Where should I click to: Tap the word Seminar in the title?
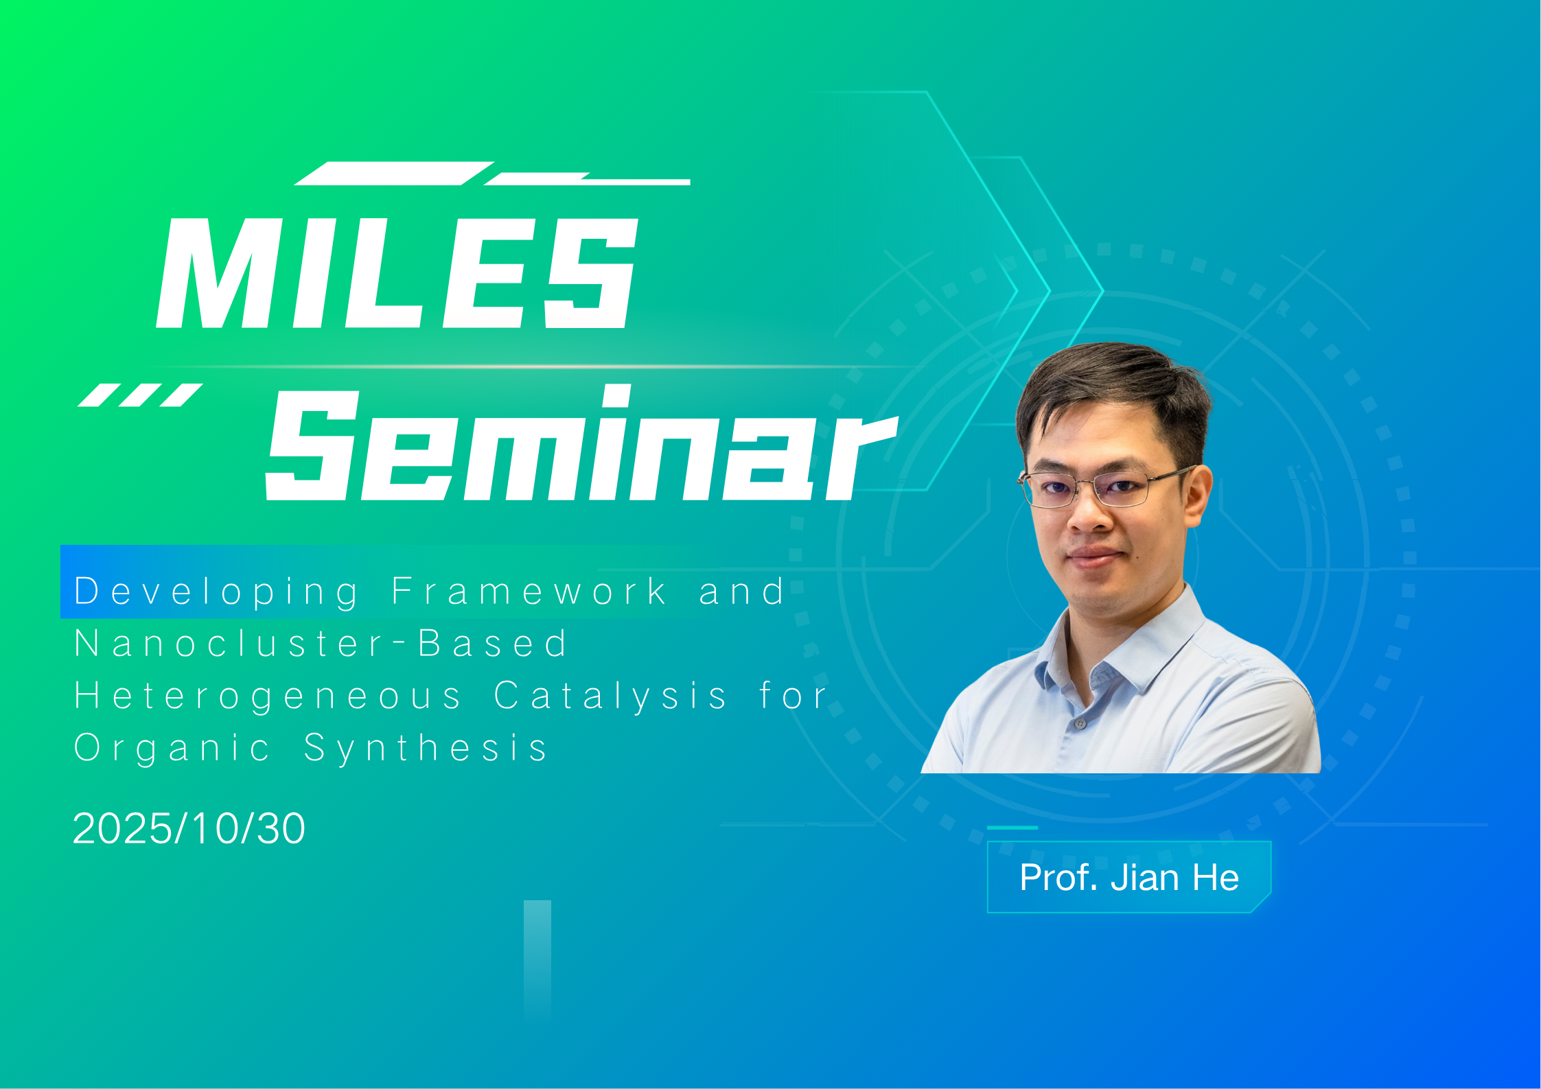[x=582, y=443]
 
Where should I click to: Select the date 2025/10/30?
[x=189, y=828]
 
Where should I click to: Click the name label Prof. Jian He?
[x=1129, y=877]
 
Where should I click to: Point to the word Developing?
[x=216, y=592]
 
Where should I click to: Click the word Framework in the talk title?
[x=529, y=591]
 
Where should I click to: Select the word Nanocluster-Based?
[x=321, y=644]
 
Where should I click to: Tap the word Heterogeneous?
[x=268, y=696]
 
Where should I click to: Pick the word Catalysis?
[x=610, y=696]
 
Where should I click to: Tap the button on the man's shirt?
[x=1080, y=723]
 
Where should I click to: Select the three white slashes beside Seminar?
[x=140, y=395]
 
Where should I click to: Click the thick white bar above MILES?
[x=394, y=174]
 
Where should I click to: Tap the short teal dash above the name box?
[x=1012, y=828]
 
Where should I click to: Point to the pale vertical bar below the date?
[x=537, y=961]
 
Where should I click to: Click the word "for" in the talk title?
[x=793, y=695]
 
